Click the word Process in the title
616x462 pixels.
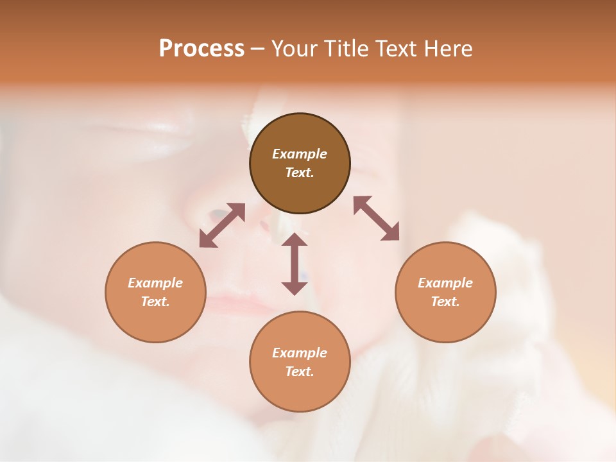pyautogui.click(x=201, y=49)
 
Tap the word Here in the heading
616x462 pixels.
pyautogui.click(x=447, y=49)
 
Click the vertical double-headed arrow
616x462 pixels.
pyautogui.click(x=295, y=264)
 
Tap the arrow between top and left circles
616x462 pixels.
pyautogui.click(x=222, y=225)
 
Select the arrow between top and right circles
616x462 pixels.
pyautogui.click(x=377, y=218)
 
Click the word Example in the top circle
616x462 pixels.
pyautogui.click(x=300, y=154)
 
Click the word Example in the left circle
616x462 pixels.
pyautogui.click(x=155, y=283)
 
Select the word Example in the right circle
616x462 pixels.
pyautogui.click(x=445, y=283)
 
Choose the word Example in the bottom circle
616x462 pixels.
pyautogui.click(x=300, y=353)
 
